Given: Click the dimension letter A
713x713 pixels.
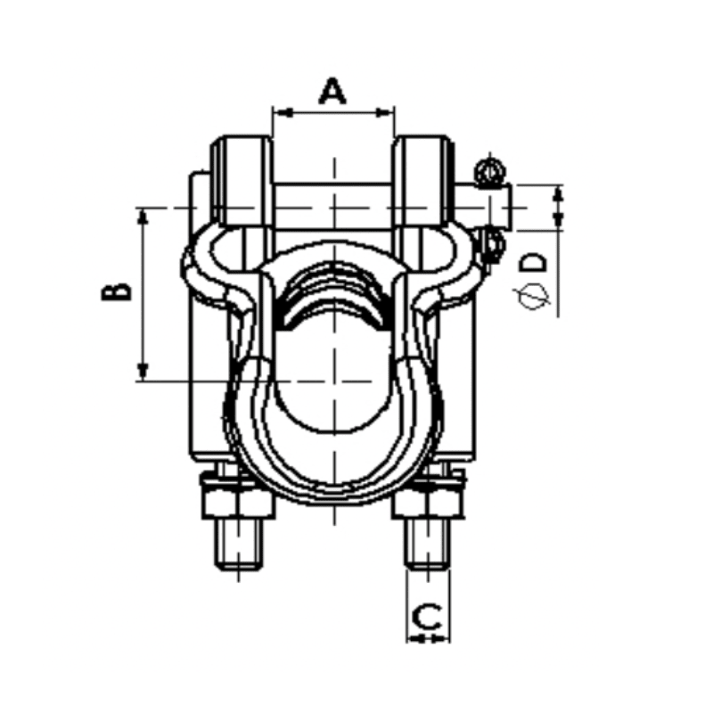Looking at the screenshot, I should click(332, 91).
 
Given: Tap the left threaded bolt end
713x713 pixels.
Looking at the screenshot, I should click(238, 546).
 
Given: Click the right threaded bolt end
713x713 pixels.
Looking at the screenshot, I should click(429, 546).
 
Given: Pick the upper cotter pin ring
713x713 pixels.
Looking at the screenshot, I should click(488, 170).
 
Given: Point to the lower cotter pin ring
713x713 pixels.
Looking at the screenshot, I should click(491, 242).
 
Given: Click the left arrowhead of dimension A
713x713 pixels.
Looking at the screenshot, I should click(279, 112).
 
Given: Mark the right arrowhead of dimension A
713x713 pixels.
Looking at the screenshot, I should click(388, 112).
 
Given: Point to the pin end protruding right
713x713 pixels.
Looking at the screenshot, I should click(496, 207).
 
